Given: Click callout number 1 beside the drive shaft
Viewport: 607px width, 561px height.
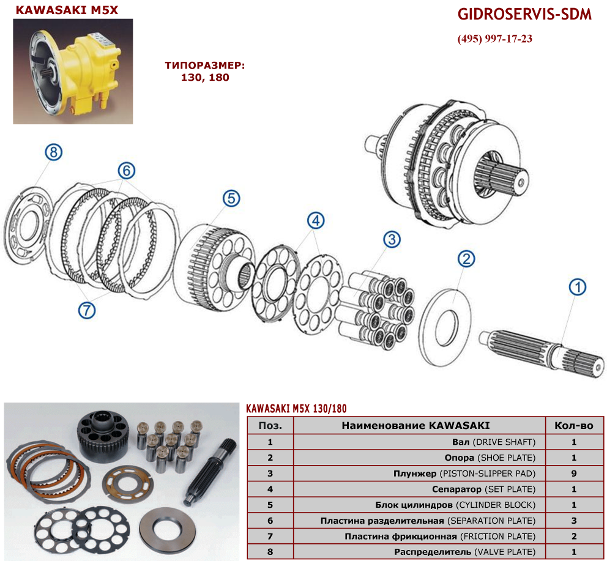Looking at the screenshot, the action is point(577,288).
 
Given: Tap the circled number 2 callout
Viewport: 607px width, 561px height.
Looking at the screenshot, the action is point(466,259).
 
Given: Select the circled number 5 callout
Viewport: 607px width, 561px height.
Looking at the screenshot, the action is point(231,198).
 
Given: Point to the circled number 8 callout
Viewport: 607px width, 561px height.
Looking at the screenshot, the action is point(53,152).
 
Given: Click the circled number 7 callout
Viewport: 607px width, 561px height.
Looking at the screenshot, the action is point(87,310).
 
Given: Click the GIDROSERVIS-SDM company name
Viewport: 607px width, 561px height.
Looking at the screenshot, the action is point(524,14).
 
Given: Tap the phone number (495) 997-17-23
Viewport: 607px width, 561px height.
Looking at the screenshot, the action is point(495,39).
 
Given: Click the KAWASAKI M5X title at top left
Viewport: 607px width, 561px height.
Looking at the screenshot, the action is point(67,10).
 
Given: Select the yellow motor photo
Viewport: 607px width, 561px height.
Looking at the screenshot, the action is point(73,71).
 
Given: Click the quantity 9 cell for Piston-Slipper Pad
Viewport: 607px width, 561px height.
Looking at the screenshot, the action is point(574,473).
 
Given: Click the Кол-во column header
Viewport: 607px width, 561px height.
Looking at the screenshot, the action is point(574,426).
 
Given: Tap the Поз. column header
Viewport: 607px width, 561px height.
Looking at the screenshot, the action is point(270,426).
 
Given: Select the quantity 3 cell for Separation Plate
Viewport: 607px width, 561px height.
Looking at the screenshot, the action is point(574,521).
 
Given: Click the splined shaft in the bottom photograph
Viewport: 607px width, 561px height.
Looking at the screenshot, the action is point(211,472).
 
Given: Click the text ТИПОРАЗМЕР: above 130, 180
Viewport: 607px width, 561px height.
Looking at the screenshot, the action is point(205,65).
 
